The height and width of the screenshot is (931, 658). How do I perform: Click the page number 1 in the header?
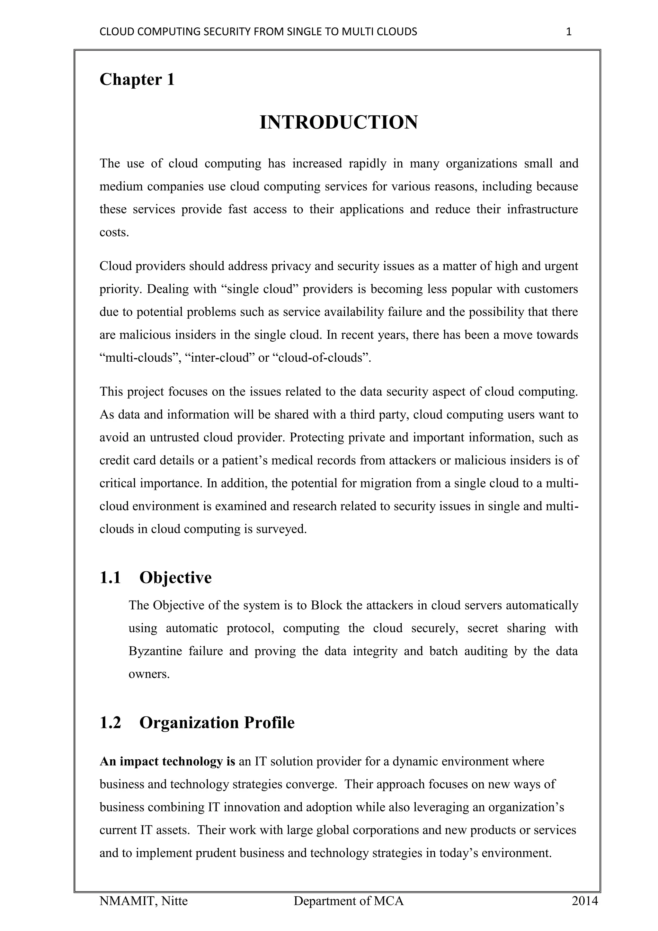click(x=568, y=32)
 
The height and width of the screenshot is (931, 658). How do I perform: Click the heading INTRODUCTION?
click(x=338, y=122)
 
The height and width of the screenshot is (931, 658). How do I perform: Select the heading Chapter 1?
click(x=137, y=79)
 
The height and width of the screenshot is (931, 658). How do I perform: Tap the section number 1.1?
click(x=110, y=578)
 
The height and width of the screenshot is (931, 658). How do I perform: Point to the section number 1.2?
click(x=110, y=723)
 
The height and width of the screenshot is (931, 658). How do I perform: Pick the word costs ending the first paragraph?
click(x=114, y=233)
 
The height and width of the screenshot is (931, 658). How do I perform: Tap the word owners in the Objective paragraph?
click(x=149, y=674)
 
